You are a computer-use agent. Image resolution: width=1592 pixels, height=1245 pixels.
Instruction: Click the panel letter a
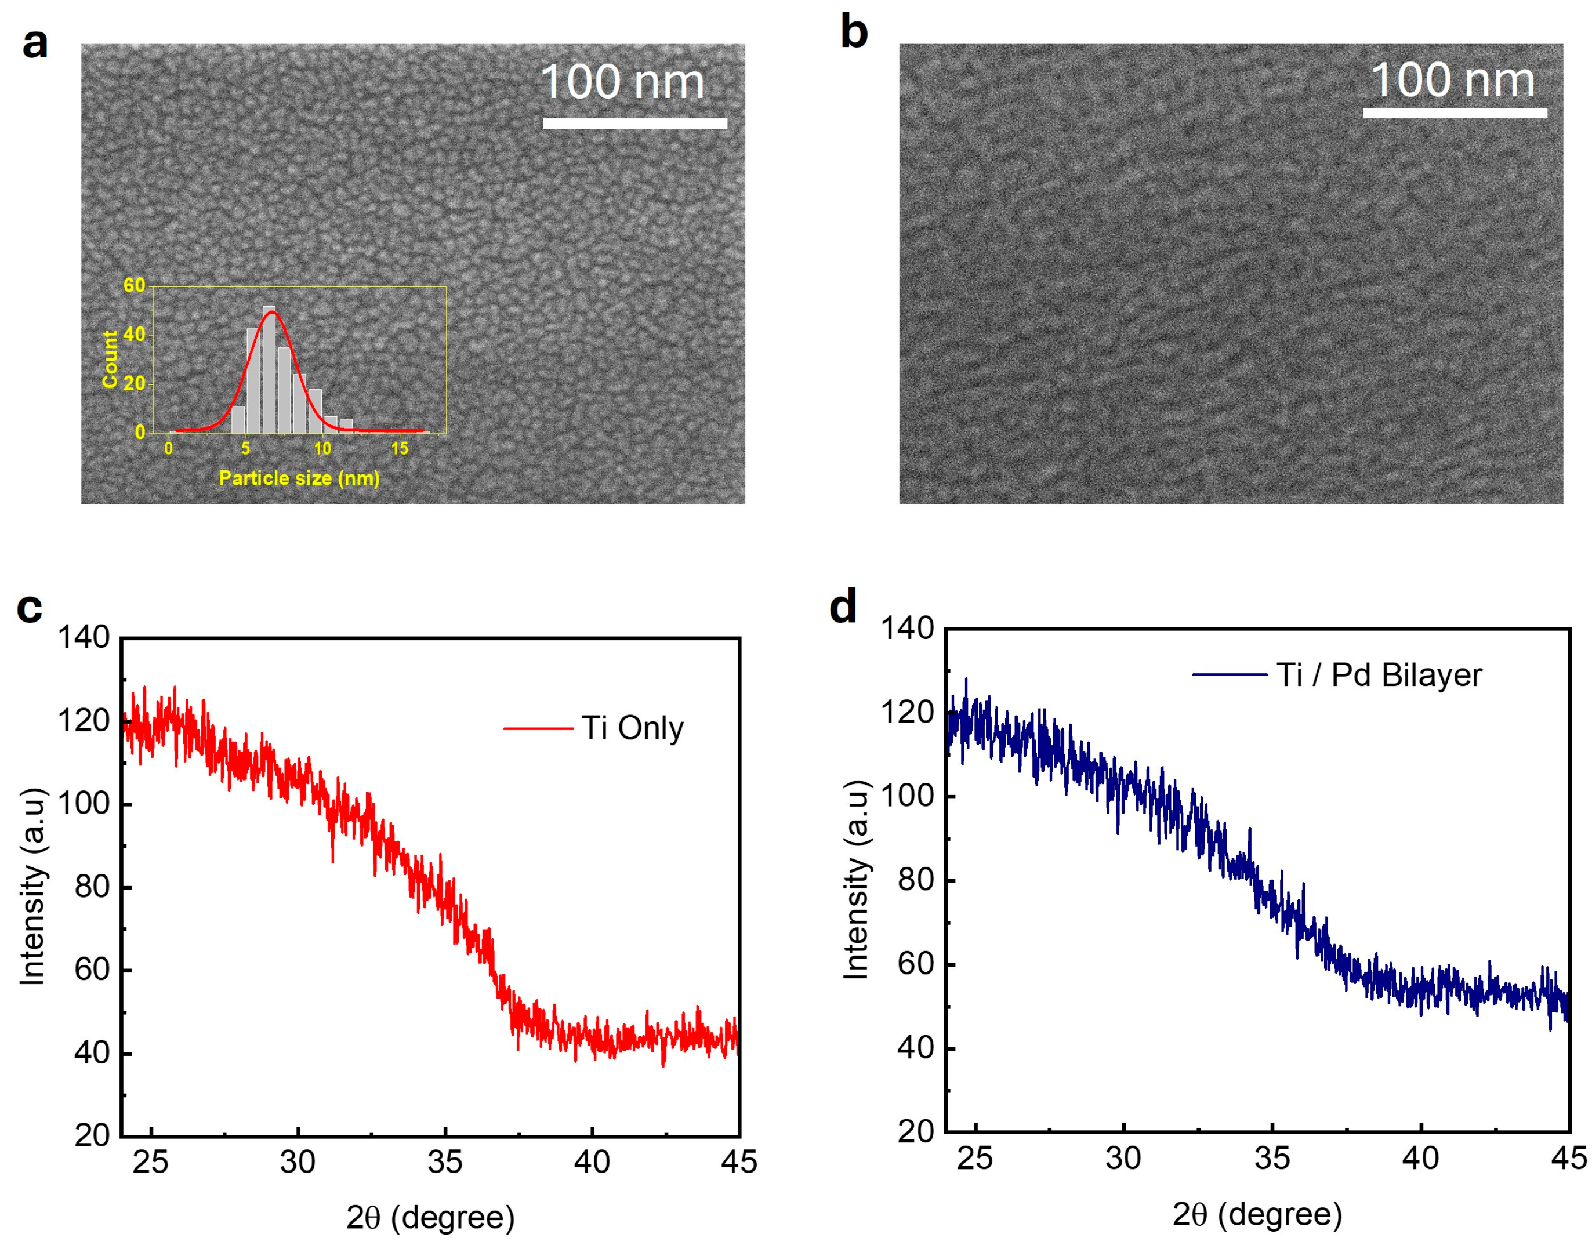click(34, 43)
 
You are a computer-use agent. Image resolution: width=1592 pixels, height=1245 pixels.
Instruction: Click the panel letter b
click(854, 33)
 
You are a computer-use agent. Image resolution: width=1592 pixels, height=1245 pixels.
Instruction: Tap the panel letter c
click(29, 609)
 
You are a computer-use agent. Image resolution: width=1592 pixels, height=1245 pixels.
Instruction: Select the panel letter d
click(843, 607)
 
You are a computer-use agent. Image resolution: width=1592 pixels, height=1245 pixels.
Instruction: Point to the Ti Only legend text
click(632, 728)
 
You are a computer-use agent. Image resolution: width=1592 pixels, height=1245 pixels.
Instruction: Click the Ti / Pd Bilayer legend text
click(1379, 675)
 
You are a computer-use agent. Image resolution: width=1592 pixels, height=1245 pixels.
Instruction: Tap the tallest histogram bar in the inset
click(269, 369)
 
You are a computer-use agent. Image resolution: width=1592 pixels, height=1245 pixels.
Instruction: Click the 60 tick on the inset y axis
click(134, 285)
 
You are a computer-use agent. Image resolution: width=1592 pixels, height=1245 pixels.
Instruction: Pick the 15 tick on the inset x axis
click(400, 449)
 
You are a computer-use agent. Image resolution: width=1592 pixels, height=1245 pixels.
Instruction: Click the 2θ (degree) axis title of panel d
click(1257, 1215)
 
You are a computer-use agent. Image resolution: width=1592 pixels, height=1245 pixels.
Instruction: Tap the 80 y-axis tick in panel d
click(916, 880)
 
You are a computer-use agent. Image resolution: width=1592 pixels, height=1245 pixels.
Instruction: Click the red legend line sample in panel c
click(538, 728)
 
